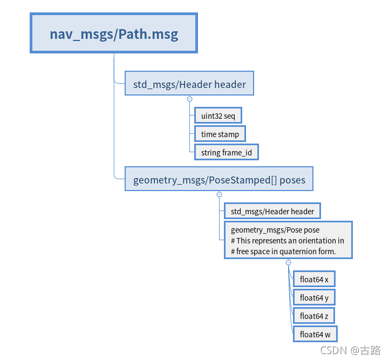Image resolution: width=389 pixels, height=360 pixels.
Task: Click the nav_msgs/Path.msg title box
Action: click(114, 34)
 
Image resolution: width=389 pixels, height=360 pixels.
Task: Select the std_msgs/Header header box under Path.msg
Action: click(189, 84)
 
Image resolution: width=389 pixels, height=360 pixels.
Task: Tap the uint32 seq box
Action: click(218, 116)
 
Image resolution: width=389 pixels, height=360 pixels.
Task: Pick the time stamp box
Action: click(220, 134)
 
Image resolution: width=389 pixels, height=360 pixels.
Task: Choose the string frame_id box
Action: click(226, 153)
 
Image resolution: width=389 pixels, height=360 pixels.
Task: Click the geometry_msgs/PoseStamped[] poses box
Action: click(219, 180)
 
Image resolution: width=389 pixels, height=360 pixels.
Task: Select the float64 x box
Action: click(314, 280)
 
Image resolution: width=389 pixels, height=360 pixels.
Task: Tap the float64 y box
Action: click(314, 298)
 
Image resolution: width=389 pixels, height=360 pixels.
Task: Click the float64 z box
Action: click(314, 316)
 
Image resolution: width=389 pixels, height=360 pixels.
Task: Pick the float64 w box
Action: click(315, 335)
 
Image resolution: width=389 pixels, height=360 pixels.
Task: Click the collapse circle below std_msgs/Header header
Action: click(189, 99)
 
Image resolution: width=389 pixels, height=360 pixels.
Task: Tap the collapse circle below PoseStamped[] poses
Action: click(219, 194)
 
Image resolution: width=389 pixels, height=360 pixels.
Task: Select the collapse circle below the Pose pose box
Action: click(288, 262)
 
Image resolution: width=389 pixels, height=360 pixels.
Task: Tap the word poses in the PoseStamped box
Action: click(292, 180)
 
